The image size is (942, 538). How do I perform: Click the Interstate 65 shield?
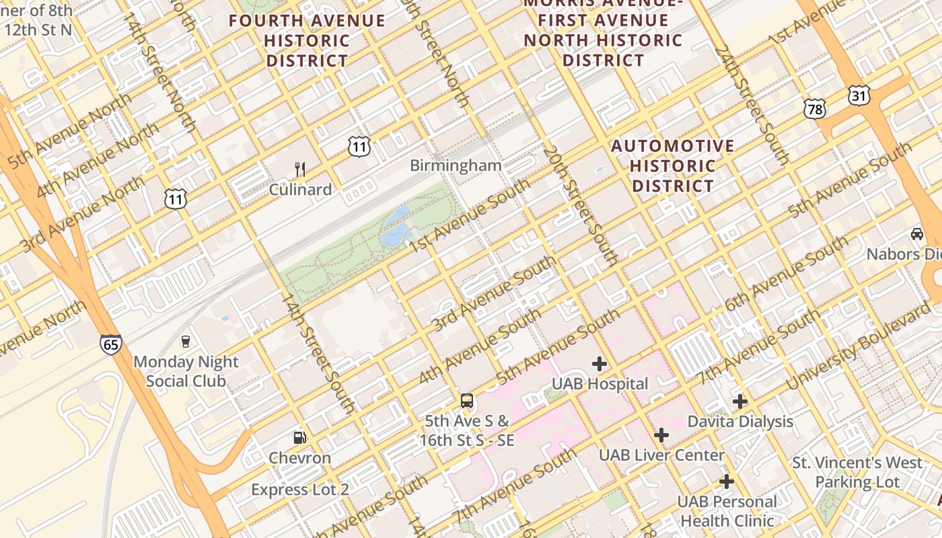point(111,344)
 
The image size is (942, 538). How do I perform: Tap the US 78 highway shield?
point(814,109)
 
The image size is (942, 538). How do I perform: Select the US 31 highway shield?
point(859,95)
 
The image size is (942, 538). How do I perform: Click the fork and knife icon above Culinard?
point(300,169)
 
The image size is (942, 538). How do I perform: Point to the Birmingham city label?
point(456,165)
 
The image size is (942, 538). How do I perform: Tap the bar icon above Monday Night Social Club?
point(186,341)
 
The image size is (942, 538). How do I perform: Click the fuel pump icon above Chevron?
point(300,438)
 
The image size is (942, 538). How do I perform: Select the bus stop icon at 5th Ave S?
point(467,401)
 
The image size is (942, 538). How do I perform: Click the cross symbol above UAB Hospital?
point(600,364)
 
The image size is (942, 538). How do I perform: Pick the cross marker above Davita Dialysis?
point(740,401)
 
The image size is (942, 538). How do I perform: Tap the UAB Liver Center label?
point(661,455)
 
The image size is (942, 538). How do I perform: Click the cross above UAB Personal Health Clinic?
point(727,482)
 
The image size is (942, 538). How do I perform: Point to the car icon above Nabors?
point(916,233)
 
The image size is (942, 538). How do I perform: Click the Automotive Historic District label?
point(673,165)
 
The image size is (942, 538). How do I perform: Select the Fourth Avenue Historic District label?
point(307,40)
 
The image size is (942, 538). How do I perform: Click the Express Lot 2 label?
point(300,490)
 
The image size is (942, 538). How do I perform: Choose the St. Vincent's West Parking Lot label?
point(857,472)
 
